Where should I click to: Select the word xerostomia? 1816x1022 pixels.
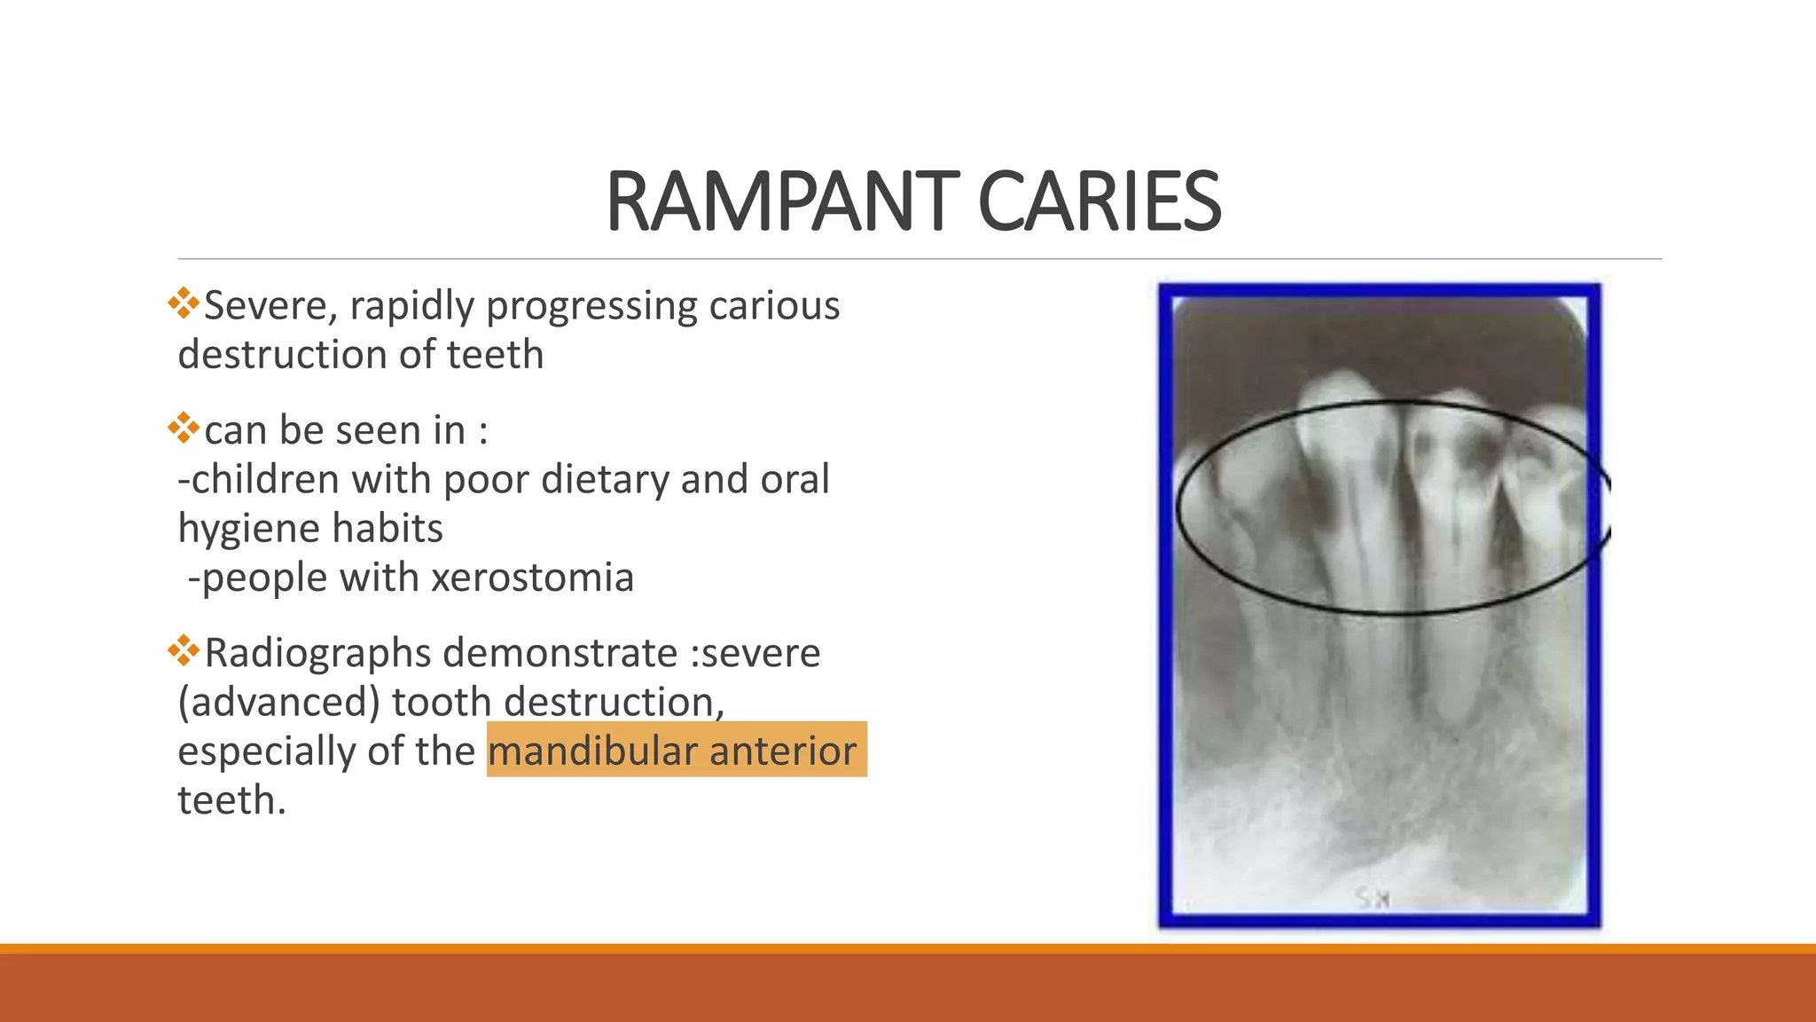tap(532, 578)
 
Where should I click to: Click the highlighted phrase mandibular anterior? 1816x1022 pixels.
tap(672, 751)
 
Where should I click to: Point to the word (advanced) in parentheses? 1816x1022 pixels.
tap(278, 703)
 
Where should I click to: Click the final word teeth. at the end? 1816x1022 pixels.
tap(231, 800)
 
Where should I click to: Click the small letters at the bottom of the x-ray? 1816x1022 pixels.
tap(1372, 898)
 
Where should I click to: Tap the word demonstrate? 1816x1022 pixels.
tap(560, 654)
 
